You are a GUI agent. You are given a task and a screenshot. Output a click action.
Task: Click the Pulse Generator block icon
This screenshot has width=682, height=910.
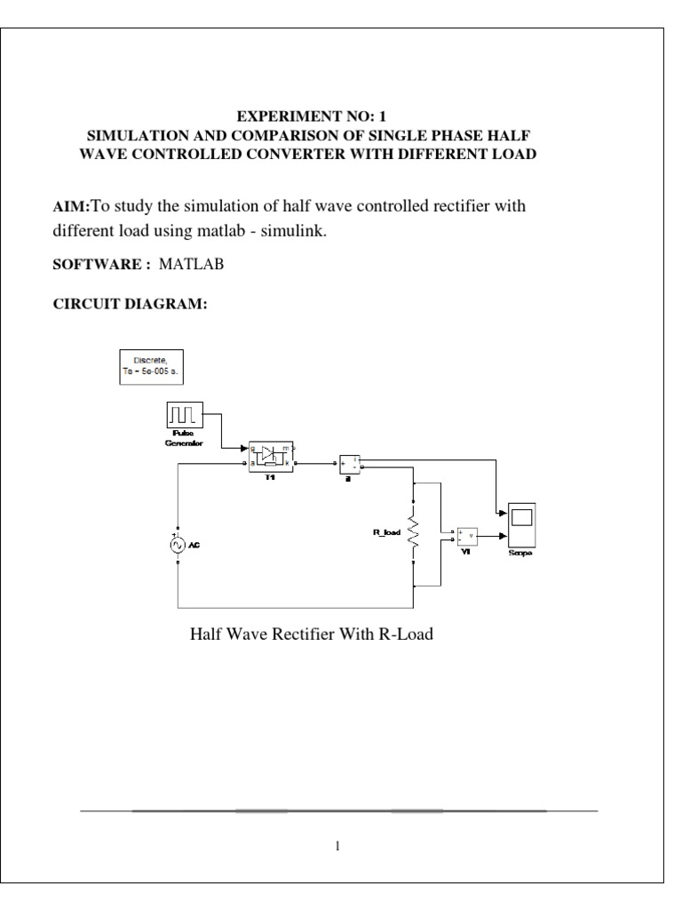(184, 415)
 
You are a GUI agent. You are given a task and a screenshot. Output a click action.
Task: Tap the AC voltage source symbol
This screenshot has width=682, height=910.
(178, 545)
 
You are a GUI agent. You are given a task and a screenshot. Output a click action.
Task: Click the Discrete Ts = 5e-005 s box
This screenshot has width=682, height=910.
(152, 366)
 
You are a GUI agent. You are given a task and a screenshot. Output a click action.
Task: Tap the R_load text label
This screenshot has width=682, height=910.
(387, 533)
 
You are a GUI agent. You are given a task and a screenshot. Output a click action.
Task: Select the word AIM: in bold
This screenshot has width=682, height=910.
(73, 207)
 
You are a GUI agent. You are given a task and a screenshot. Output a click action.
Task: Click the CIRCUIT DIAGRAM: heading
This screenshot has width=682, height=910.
(131, 304)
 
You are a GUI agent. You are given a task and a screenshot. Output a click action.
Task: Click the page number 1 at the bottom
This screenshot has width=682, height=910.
(337, 844)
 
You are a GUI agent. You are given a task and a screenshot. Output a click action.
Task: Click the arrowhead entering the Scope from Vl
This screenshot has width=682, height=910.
(504, 536)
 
